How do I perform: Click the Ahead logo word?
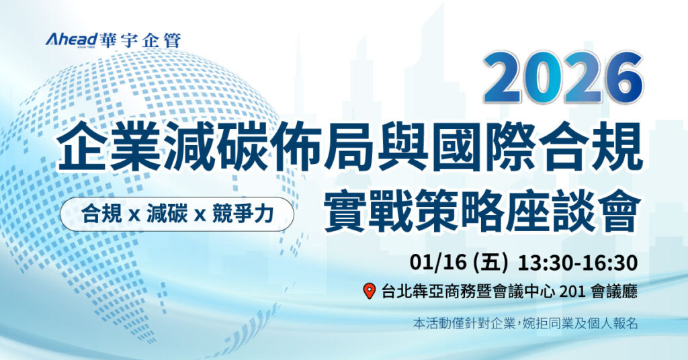pyautogui.click(x=71, y=40)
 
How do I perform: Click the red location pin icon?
pyautogui.click(x=369, y=291)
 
